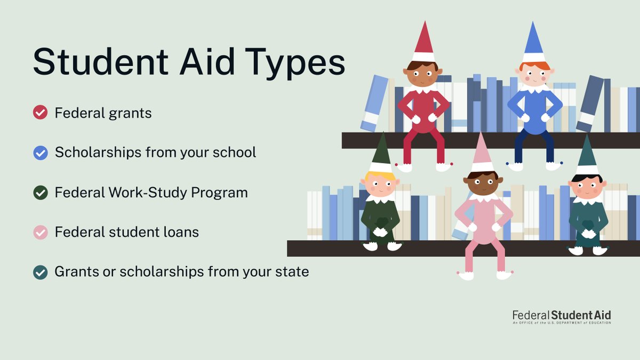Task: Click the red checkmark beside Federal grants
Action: coord(41,113)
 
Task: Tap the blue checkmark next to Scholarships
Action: coord(41,153)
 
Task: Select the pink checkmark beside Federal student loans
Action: coord(41,232)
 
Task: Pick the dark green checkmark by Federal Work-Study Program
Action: coord(41,193)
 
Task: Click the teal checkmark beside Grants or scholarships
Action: coord(41,271)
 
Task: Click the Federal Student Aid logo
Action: coord(562,316)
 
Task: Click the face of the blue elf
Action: coord(535,75)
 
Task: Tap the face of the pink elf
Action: coord(483,183)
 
